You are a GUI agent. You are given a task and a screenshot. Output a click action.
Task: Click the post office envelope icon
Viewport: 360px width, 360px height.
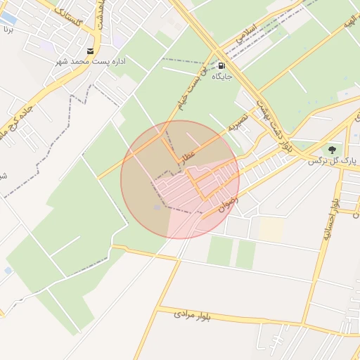(x=91, y=51)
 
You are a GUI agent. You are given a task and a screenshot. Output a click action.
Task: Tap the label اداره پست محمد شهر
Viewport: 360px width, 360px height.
(x=91, y=62)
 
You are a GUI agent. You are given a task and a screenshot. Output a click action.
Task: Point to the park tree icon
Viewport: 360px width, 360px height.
(x=330, y=150)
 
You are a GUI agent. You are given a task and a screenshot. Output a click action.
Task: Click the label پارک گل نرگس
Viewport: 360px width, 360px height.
(x=332, y=161)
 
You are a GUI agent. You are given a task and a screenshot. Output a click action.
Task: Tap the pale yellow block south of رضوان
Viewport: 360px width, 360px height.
(x=271, y=229)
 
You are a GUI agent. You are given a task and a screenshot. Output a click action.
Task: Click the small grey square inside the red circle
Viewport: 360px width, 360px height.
(x=157, y=207)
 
